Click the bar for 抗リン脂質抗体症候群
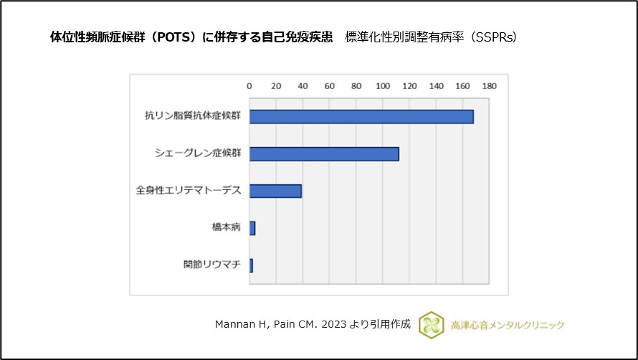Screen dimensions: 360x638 click(x=361, y=117)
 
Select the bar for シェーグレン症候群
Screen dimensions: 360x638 click(x=324, y=153)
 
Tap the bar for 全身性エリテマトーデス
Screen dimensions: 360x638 click(x=275, y=191)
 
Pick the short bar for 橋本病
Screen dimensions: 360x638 click(x=252, y=228)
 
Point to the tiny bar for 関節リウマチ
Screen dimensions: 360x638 click(x=251, y=265)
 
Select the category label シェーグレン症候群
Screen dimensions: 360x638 click(x=198, y=153)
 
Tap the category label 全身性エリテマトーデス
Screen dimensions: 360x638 click(x=189, y=191)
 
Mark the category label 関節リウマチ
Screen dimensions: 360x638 click(x=212, y=265)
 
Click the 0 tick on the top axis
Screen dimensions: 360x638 click(x=249, y=86)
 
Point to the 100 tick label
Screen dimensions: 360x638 click(x=383, y=86)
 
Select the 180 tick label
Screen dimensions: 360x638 click(x=490, y=86)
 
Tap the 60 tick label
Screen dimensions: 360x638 click(x=330, y=86)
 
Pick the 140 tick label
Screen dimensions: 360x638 click(x=436, y=86)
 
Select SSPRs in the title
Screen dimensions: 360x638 click(x=495, y=37)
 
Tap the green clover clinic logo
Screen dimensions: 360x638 click(x=432, y=324)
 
